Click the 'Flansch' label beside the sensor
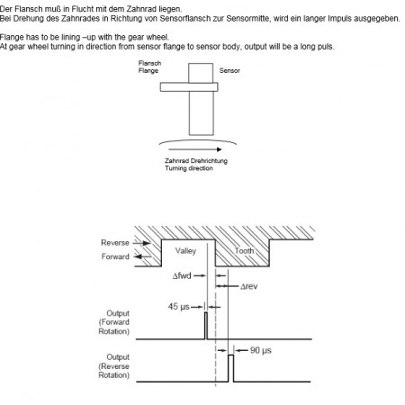point(149,63)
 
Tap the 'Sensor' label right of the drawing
point(229,70)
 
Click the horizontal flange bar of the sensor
point(189,87)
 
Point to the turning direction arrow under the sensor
point(195,149)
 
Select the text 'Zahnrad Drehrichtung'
point(196,161)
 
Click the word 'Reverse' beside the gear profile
point(115,243)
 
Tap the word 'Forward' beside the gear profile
point(115,256)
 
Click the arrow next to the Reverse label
point(141,243)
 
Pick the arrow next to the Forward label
point(142,256)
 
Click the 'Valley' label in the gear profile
point(185,251)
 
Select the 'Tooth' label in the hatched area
point(244,250)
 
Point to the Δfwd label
point(182,275)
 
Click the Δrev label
point(248,286)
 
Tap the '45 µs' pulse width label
point(179,307)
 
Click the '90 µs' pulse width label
point(261,350)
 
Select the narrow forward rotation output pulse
point(206,326)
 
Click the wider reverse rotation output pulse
point(231,368)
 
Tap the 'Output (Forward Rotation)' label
point(114,322)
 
